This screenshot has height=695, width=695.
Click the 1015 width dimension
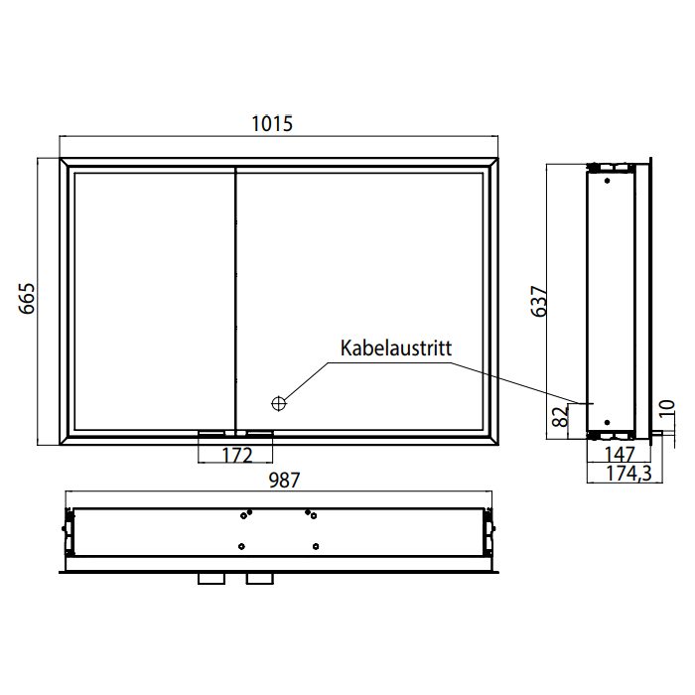coord(272,124)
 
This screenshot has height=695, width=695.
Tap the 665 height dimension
coord(27,298)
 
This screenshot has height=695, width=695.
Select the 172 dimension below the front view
coord(237,455)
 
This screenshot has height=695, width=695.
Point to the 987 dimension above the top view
coord(284,480)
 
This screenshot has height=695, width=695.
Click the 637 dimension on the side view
coord(539,302)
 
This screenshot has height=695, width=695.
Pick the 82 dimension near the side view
coord(560,417)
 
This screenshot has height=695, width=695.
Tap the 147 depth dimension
coord(620,455)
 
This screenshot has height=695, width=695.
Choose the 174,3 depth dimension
coord(628,474)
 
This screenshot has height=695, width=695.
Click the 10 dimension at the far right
coord(667,409)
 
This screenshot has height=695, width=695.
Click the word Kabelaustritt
coord(396,348)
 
